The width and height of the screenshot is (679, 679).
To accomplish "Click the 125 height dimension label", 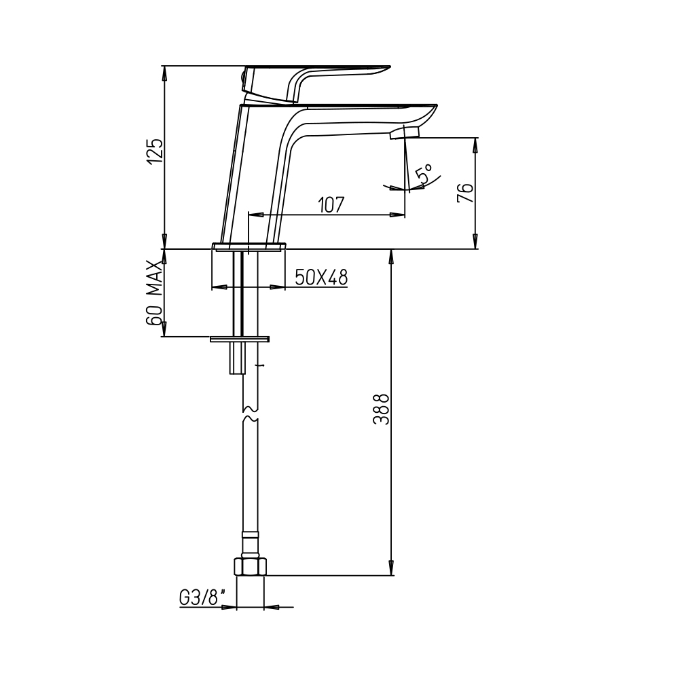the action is click(155, 151).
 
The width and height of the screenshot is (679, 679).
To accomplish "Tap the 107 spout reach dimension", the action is click(331, 205).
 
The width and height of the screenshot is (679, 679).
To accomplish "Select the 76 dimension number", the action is click(466, 193).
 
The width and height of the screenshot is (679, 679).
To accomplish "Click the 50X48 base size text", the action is click(321, 277).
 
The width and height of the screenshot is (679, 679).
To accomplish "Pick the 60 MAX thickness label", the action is click(154, 293).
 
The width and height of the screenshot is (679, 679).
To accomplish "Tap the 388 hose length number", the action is click(382, 409).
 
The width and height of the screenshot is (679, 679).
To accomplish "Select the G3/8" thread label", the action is click(202, 598).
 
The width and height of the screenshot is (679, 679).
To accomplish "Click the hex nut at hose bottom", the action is click(250, 567).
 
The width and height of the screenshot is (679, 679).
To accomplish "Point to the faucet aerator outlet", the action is click(405, 132).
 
